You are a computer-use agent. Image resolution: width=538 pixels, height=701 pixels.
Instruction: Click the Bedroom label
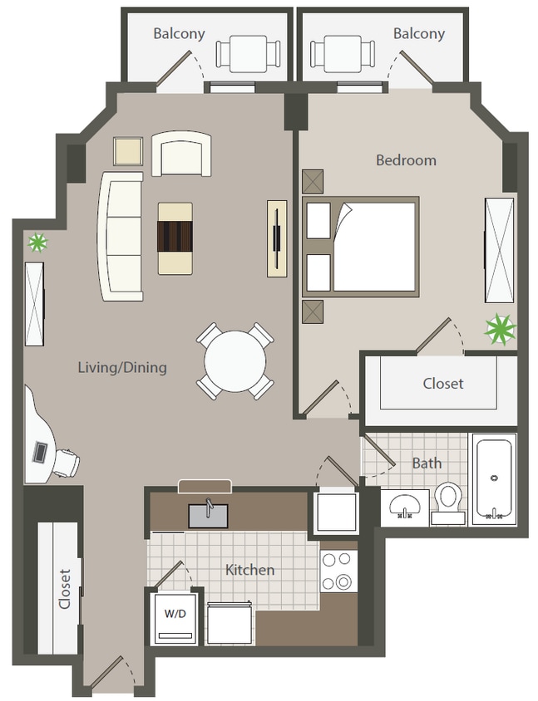406,160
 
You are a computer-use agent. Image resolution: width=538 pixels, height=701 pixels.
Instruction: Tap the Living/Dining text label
122,367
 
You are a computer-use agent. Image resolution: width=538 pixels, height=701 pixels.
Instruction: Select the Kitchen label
250,570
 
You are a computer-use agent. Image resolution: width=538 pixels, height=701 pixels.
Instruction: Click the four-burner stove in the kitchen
338,571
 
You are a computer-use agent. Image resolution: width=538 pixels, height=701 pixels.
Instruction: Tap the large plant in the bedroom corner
501,329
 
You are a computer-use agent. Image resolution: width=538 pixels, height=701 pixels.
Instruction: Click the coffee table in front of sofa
175,238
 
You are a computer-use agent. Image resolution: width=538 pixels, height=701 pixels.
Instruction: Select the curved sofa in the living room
120,236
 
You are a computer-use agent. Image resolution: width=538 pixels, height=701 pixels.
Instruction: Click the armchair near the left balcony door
181,154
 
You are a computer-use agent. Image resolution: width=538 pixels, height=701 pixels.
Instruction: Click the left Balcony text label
179,34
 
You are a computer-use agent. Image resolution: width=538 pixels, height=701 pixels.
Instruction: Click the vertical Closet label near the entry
64,589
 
